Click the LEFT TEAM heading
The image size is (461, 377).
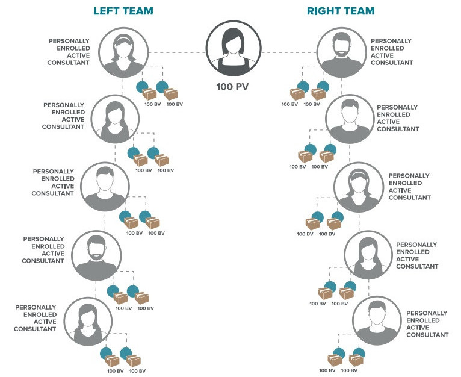coord(123,11)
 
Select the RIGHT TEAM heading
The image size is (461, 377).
coord(341,11)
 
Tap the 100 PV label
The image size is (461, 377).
coord(232,87)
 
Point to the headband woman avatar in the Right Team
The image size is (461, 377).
coord(358,186)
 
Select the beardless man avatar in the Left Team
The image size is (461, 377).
coord(104,186)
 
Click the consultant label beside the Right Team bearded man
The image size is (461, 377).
coord(392,52)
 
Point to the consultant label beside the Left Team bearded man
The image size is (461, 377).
coord(43,249)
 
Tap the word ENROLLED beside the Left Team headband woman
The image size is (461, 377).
coord(69,48)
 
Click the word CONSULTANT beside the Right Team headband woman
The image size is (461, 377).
coord(409,198)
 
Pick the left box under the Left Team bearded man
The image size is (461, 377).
coord(120,298)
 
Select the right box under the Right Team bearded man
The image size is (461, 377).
coord(318,95)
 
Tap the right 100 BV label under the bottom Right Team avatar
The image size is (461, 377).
coord(348,370)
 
